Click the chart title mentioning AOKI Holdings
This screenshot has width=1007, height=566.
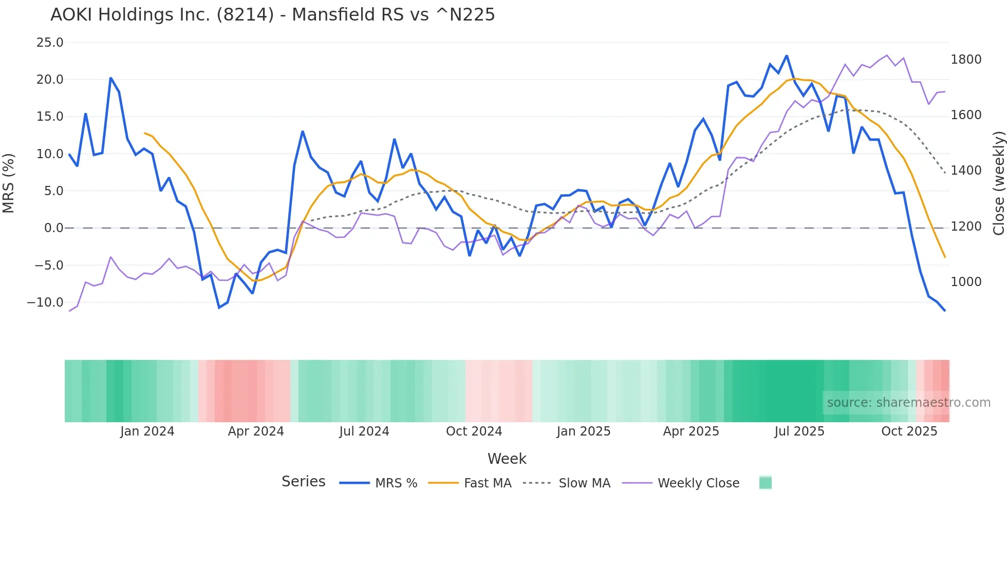point(272,15)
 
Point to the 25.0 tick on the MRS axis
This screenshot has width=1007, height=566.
point(50,43)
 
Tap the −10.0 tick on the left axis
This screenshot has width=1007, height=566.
point(45,303)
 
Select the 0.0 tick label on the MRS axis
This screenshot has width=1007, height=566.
point(53,228)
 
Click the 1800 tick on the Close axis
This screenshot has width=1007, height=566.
point(966,60)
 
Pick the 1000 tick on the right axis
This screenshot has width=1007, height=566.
point(966,282)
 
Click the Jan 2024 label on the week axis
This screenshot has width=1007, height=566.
point(147,431)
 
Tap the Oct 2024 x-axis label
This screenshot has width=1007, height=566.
point(474,431)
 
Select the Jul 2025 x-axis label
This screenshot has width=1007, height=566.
point(799,431)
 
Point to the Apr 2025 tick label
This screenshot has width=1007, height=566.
point(691,431)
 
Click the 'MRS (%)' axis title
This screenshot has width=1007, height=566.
point(9,183)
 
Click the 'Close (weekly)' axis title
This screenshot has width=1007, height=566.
point(998,183)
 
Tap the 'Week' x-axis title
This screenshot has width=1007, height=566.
point(507,459)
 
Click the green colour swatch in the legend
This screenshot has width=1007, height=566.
point(766,483)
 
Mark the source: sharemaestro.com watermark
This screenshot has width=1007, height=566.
point(908,403)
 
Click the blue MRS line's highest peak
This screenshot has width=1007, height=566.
point(787,56)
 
